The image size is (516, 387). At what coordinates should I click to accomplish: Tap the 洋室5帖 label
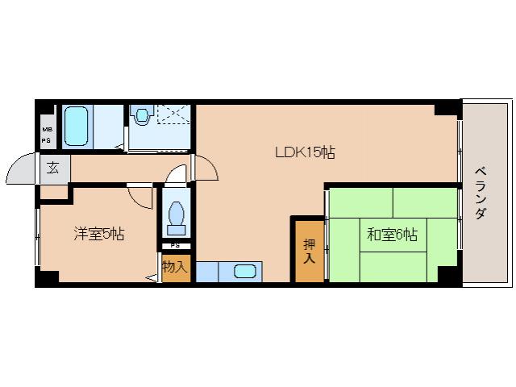[x=99, y=234]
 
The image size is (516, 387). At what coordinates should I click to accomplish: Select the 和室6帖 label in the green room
[x=392, y=235]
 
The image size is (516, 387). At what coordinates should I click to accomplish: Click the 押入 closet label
[x=309, y=252]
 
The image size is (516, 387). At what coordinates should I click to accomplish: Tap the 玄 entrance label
[x=53, y=169]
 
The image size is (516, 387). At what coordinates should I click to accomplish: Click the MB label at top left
[x=46, y=129]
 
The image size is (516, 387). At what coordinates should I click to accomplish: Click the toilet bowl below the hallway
[x=177, y=215]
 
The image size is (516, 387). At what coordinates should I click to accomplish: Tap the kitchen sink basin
[x=246, y=271]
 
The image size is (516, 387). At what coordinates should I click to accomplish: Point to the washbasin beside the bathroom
[x=143, y=117]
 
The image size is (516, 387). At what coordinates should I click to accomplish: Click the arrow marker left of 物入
[x=152, y=278]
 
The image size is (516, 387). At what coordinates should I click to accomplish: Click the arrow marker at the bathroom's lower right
[x=119, y=147]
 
